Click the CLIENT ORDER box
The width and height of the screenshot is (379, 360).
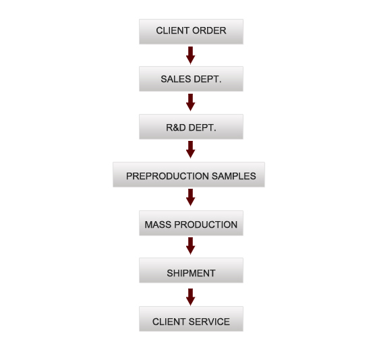tap(191, 32)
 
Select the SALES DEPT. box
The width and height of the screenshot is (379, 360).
tap(191, 79)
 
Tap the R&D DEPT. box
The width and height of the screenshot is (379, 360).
tap(191, 127)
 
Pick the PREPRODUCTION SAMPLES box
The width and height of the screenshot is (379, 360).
tap(189, 175)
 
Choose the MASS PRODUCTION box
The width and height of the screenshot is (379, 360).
tap(191, 223)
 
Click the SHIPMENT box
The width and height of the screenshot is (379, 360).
tap(191, 270)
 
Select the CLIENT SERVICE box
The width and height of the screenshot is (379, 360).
tap(191, 319)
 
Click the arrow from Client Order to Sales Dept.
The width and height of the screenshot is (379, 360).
tap(190, 55)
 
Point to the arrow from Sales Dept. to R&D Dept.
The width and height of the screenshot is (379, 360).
tap(190, 102)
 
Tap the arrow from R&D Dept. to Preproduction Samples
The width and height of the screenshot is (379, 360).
tap(190, 150)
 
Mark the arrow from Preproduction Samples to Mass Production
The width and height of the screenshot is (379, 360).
tap(190, 198)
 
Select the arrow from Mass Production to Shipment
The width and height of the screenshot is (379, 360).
tap(190, 246)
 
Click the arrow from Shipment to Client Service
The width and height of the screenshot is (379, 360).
tap(190, 297)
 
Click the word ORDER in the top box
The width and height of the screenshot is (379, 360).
tap(209, 31)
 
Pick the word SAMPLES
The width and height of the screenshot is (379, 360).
tap(234, 176)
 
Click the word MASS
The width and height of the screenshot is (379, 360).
tap(158, 224)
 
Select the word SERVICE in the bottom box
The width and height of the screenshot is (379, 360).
tap(209, 322)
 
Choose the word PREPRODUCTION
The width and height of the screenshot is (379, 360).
tap(167, 176)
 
